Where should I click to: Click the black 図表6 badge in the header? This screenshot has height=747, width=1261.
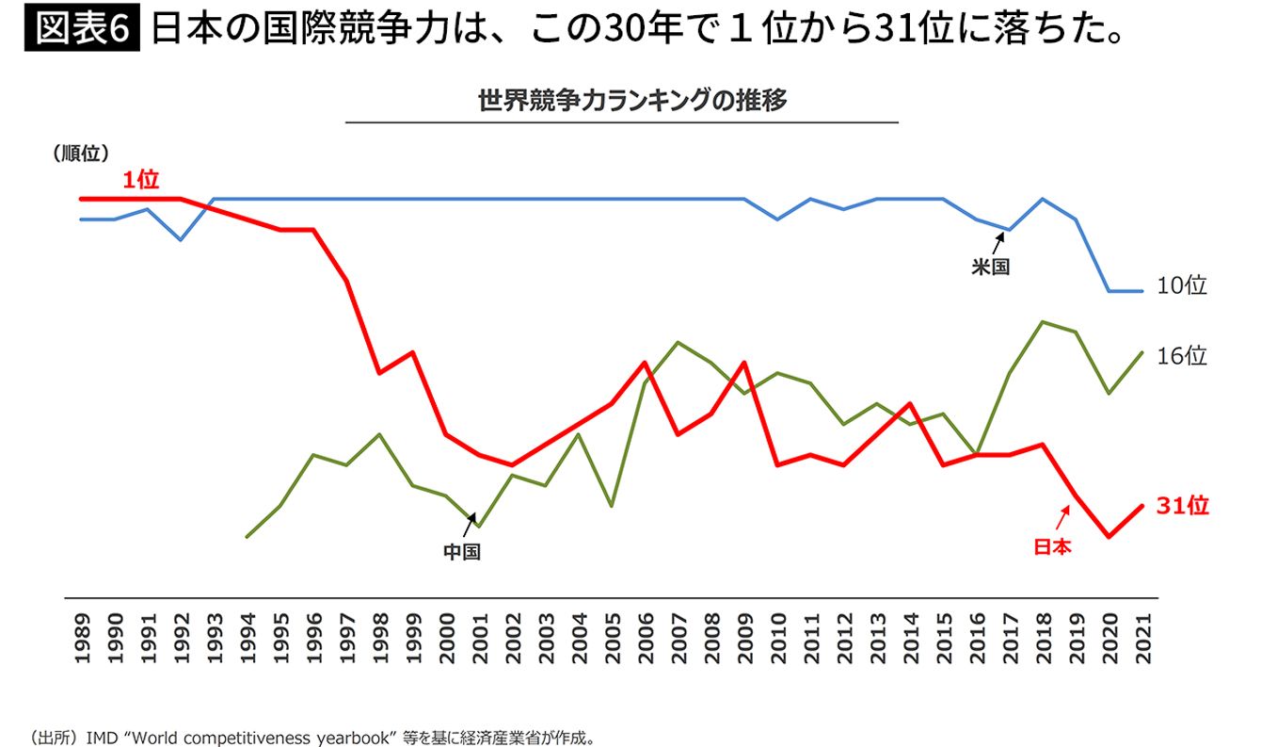coord(81,31)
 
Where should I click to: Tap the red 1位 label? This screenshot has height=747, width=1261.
coord(140,181)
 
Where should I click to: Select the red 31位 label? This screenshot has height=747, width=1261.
coord(1182,506)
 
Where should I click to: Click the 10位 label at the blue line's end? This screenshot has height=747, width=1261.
coord(1181,286)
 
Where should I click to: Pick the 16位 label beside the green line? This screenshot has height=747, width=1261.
coord(1181,356)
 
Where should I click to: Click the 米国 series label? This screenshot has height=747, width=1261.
coord(990,267)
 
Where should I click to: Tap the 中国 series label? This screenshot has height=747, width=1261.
coord(462,552)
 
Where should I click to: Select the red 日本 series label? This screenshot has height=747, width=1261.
coord(1052,546)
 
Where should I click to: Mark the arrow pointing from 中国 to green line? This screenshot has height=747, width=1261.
coord(469,525)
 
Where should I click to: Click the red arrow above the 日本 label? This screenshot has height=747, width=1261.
coord(1063,517)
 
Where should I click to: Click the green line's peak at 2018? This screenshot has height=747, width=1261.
coord(1043,322)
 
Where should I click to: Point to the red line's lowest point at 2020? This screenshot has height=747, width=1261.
coord(1109,537)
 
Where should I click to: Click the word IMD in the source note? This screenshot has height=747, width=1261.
coord(101,736)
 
